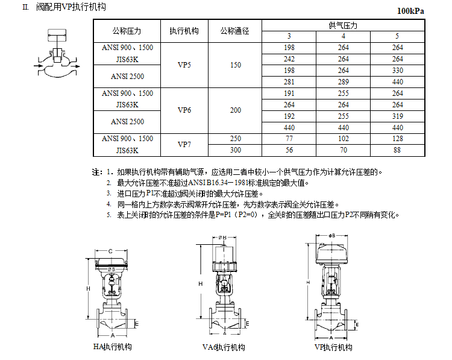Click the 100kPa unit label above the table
pos(415,11)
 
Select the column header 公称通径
pos(234,31)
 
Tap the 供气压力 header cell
pos(343,25)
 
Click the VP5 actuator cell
pos(184,65)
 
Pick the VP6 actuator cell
pos(184,110)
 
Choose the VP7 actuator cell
pos(184,145)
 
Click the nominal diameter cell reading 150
pos(235,65)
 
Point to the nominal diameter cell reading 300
pos(235,150)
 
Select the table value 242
pos(289,59)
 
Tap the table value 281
pos(289,82)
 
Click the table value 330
pos(397,71)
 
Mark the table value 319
pos(397,116)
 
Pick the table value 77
pos(289,139)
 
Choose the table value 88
pos(397,150)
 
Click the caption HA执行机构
pos(112,347)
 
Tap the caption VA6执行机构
pos(224,347)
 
